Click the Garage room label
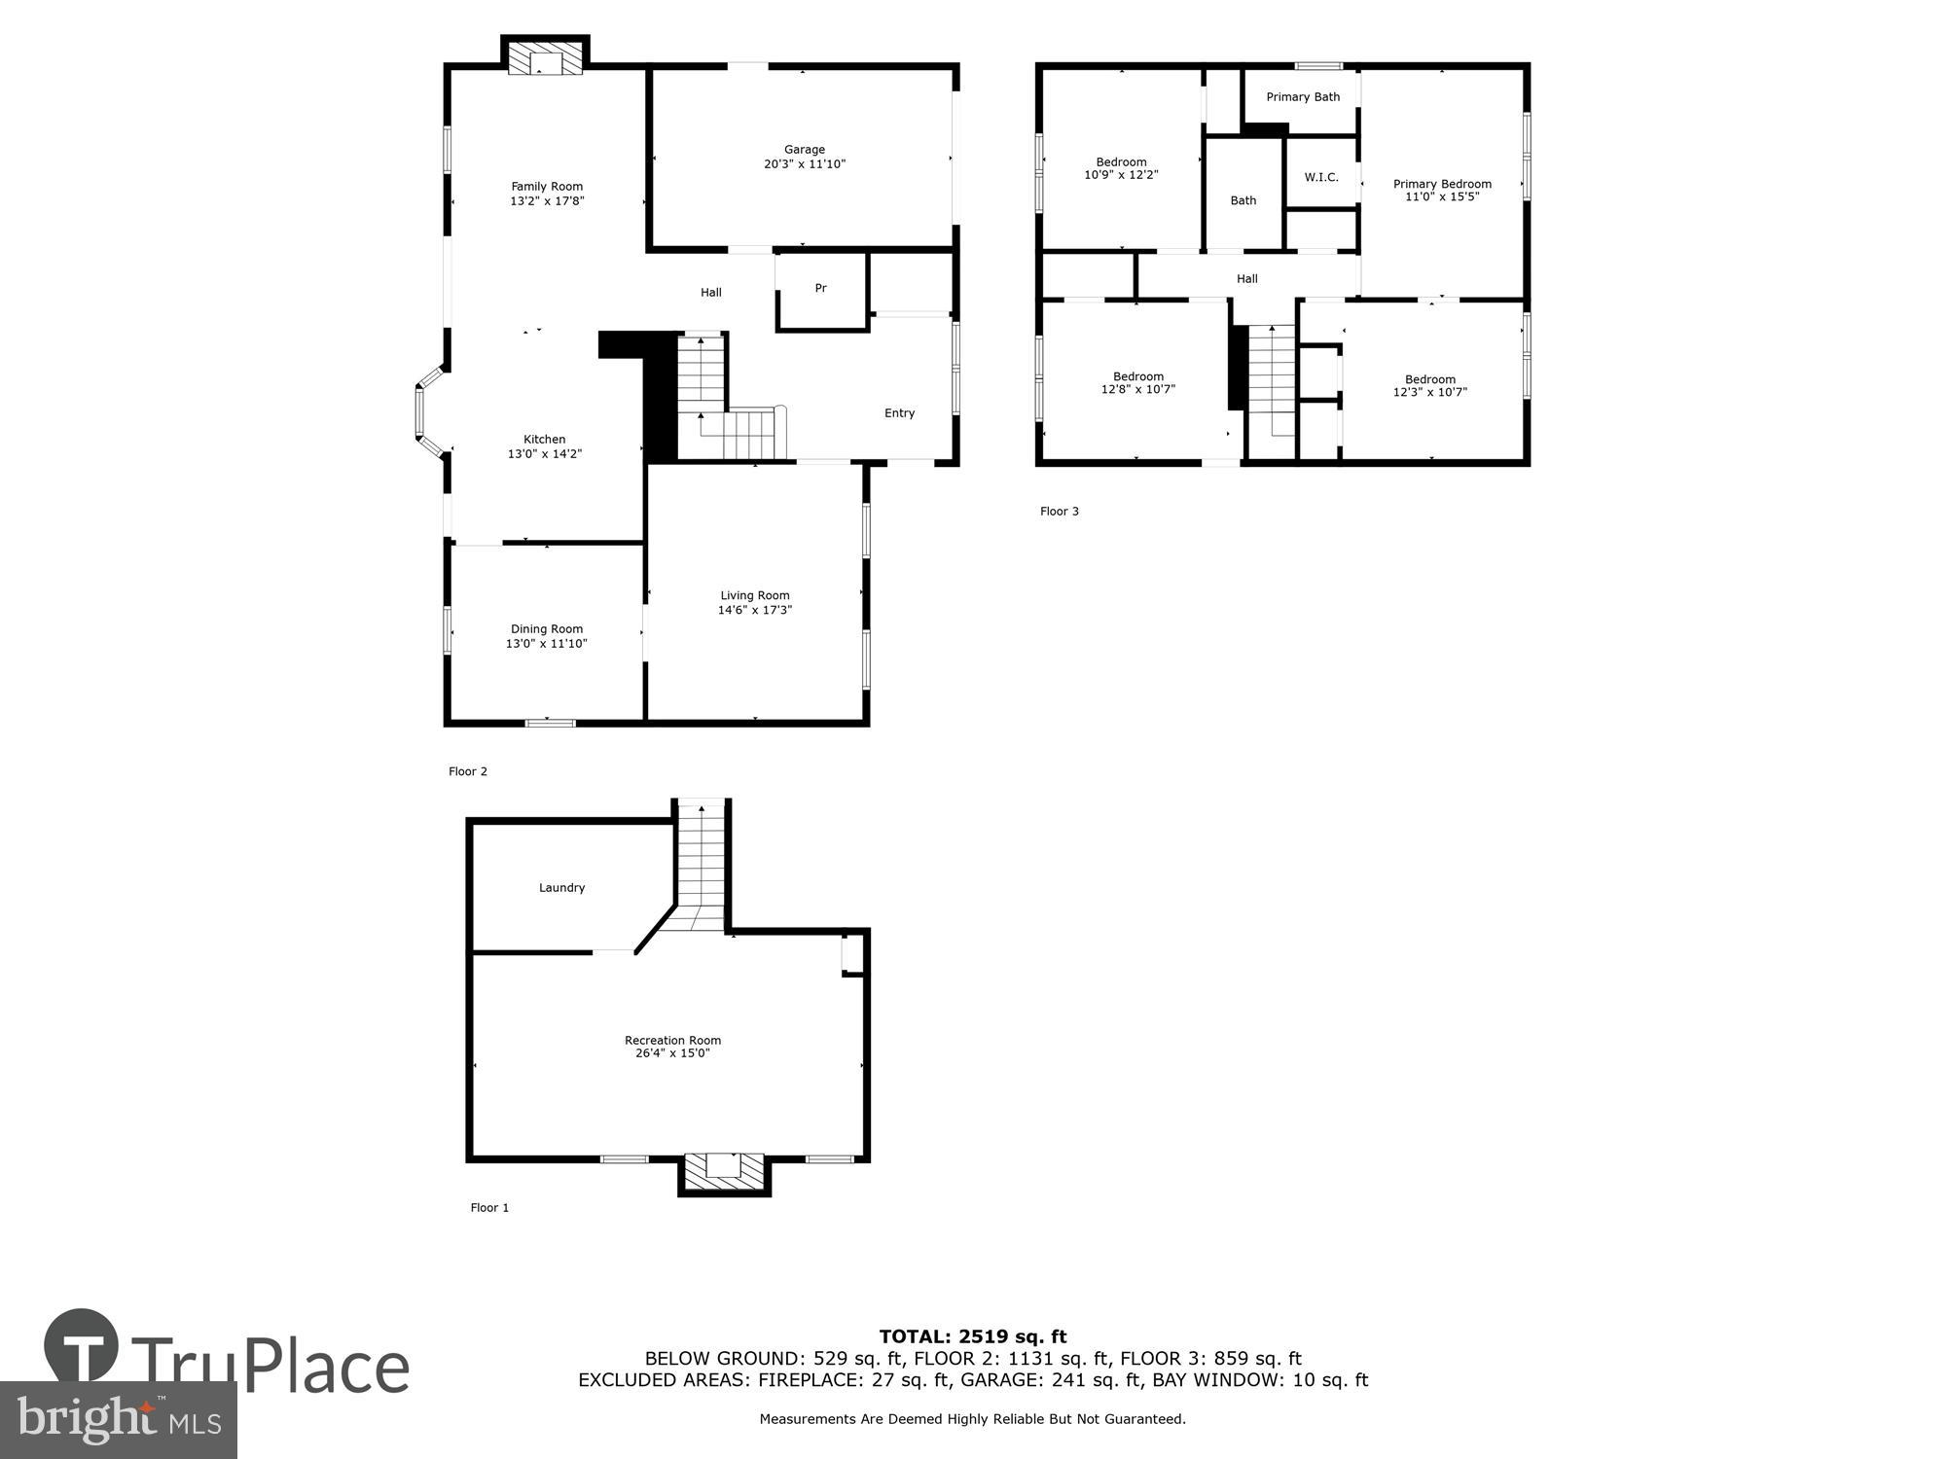[x=804, y=150]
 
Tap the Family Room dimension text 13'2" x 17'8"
[x=547, y=201]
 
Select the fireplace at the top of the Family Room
[x=545, y=58]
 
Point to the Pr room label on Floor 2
[x=820, y=288]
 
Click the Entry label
[x=899, y=413]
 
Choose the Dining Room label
[x=546, y=629]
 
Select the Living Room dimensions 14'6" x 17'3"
[x=755, y=611]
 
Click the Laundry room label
[x=561, y=888]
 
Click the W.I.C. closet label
[x=1321, y=177]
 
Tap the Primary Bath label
[x=1303, y=97]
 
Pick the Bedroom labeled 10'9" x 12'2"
[x=1121, y=168]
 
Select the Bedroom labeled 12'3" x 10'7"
[x=1429, y=386]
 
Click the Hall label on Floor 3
[x=1246, y=279]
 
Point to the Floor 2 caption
[x=468, y=771]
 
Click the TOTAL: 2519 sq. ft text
[x=973, y=1336]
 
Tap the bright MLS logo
[x=119, y=1420]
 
